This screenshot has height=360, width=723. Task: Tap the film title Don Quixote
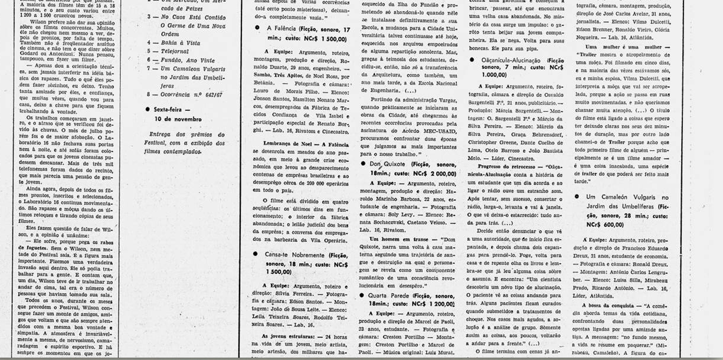387,163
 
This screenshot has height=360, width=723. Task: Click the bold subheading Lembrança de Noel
283,145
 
